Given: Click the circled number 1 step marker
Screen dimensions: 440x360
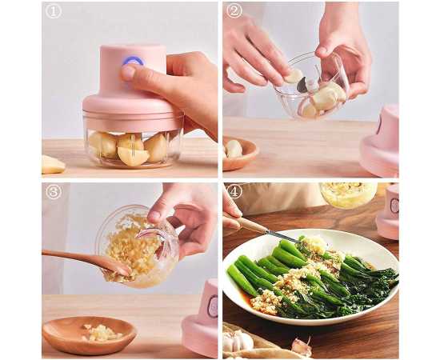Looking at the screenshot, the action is tap(54, 12).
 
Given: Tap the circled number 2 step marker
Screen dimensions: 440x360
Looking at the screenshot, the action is tap(234, 12).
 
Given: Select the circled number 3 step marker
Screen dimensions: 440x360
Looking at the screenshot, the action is tap(54, 192).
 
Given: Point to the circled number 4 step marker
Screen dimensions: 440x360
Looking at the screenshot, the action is tap(234, 192).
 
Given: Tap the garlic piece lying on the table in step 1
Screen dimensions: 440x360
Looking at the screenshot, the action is tap(54, 165).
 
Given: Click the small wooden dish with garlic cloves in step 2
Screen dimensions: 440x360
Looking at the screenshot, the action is tap(239, 154).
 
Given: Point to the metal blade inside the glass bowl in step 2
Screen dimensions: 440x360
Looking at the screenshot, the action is tap(302, 85).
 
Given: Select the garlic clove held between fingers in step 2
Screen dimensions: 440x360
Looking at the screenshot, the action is tap(294, 76).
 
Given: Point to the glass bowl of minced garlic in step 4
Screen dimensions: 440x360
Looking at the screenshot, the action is tap(348, 194).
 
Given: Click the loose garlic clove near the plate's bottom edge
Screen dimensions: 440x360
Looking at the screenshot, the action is tap(302, 346).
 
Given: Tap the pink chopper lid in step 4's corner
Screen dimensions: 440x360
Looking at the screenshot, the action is tap(387, 211).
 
